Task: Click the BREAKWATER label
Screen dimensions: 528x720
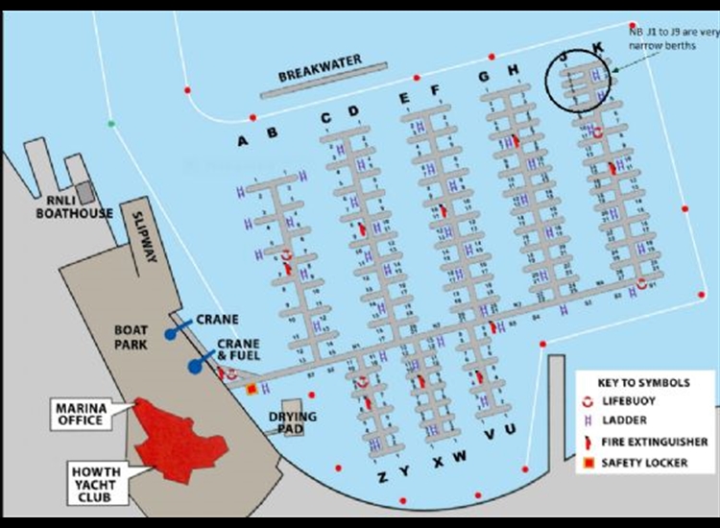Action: pyautogui.click(x=320, y=67)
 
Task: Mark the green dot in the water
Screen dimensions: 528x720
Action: pyautogui.click(x=111, y=124)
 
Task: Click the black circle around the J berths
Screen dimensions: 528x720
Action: pyautogui.click(x=580, y=78)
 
